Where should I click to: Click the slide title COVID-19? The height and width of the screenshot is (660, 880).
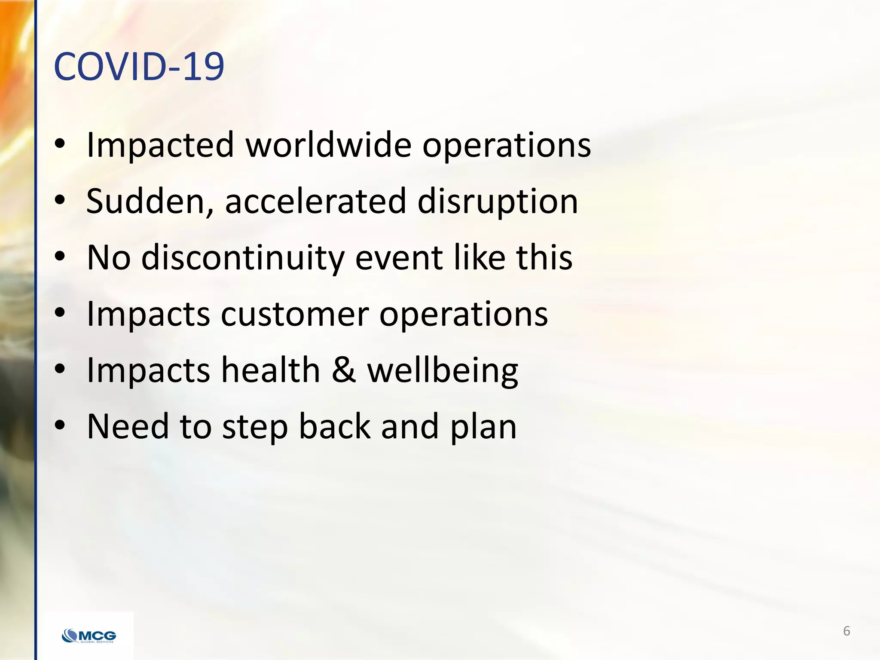138,67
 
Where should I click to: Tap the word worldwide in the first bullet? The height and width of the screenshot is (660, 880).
328,145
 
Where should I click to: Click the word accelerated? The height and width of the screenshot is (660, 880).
315,201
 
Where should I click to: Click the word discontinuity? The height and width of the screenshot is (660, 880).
243,258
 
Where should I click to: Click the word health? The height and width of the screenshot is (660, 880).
271,370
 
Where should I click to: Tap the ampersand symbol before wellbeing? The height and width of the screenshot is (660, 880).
344,370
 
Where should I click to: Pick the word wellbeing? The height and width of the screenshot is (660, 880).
443,371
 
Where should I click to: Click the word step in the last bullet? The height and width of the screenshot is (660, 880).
255,427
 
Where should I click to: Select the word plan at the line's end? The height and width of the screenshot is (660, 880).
483,427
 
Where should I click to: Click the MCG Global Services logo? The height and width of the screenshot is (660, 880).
89,636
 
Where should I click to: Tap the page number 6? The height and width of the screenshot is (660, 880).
846,631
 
